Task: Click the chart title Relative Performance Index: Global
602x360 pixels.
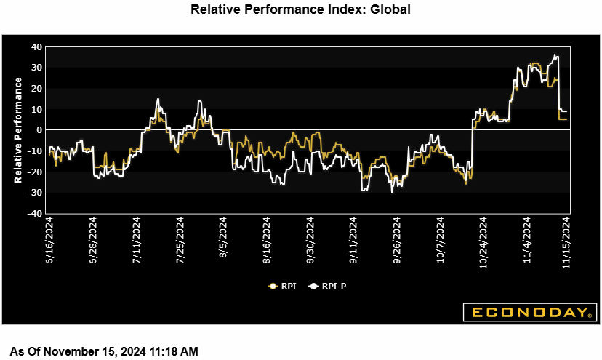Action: click(300, 10)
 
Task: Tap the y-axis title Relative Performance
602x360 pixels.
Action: click(17, 130)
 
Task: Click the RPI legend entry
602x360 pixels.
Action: click(281, 286)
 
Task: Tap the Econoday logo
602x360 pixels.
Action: click(530, 313)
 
